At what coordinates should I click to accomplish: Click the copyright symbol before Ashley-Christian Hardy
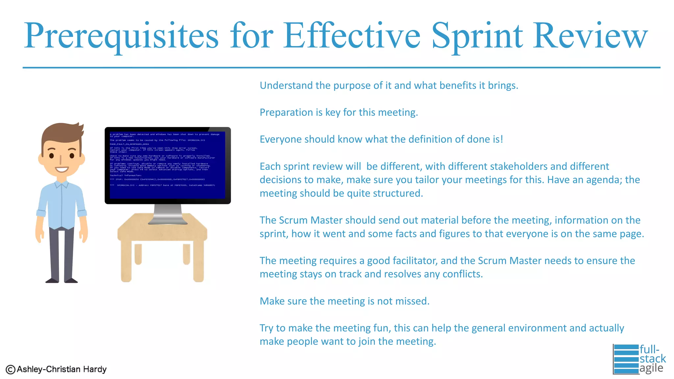[11, 370]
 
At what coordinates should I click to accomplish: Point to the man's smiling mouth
[62, 169]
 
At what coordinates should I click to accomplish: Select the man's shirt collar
[62, 184]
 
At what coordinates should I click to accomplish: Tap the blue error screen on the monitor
[167, 164]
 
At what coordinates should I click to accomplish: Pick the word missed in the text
[411, 301]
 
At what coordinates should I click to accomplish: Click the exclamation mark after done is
[502, 139]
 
